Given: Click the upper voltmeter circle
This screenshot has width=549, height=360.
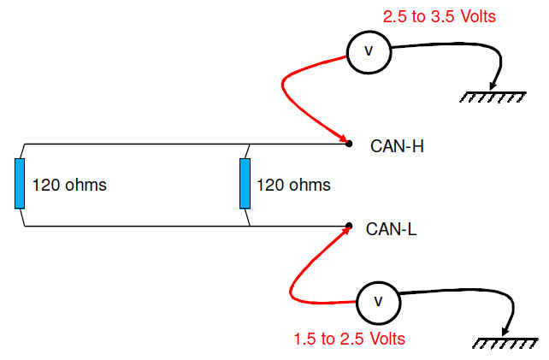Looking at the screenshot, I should coord(369,51).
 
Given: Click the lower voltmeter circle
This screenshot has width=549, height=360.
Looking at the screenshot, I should coord(377,300).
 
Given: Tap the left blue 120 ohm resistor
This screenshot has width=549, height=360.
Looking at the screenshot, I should coord(20,183).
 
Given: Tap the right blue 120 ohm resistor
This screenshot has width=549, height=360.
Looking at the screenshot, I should coord(245,183).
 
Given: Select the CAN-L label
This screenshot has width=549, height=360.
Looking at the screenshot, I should coord(392,228).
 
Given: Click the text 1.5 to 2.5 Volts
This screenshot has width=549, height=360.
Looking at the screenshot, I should coord(347,339).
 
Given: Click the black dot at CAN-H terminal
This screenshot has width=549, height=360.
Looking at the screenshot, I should coord(349,143).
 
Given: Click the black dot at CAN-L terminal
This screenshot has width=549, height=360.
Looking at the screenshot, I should coord(349,227).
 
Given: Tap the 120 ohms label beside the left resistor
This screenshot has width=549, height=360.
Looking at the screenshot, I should coord(69,185).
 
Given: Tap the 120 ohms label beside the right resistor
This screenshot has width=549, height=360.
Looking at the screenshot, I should coord(293,185).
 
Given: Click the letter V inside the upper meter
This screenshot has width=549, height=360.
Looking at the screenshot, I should coord(369,51).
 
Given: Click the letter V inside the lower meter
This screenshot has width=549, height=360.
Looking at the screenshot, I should coord(377,300).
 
